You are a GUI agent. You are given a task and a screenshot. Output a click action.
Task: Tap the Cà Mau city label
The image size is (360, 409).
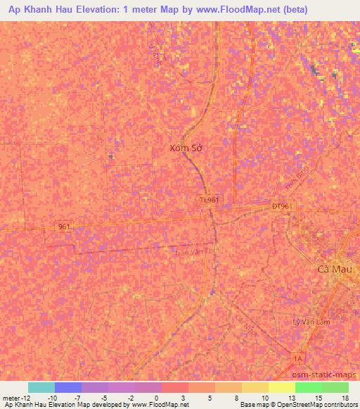pos(334,268)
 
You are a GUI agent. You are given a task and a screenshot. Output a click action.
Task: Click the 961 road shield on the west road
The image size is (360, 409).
pos(64,226)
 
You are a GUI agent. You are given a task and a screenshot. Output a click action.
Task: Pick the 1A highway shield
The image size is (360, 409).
pos(298,359)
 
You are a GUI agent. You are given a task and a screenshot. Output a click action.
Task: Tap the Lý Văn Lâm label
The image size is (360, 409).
pos(311,321)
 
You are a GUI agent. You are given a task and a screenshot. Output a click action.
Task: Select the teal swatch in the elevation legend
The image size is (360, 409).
pos(41,387)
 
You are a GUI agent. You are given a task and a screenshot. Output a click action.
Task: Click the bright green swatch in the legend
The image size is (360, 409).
pos(309,387)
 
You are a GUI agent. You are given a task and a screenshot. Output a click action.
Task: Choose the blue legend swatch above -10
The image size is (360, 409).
pos(68,387)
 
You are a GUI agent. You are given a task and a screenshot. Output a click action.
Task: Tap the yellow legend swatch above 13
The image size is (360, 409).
pos(282,387)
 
